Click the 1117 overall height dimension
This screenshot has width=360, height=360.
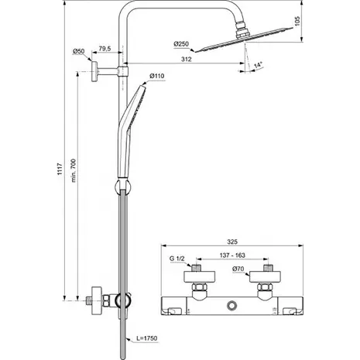coord(60,170)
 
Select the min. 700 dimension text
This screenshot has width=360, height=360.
coord(74,170)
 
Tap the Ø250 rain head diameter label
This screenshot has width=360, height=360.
coord(181,44)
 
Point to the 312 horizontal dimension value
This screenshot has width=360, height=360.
coord(187,60)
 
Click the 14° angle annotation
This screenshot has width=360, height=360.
coord(258,65)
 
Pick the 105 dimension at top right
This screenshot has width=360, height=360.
coord(297,21)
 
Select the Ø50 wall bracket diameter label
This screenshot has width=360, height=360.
coord(78,51)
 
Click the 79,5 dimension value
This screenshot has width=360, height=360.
coord(105,49)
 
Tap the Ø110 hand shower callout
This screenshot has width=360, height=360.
coord(157,76)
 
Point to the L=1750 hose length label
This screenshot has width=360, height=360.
coord(146,338)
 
